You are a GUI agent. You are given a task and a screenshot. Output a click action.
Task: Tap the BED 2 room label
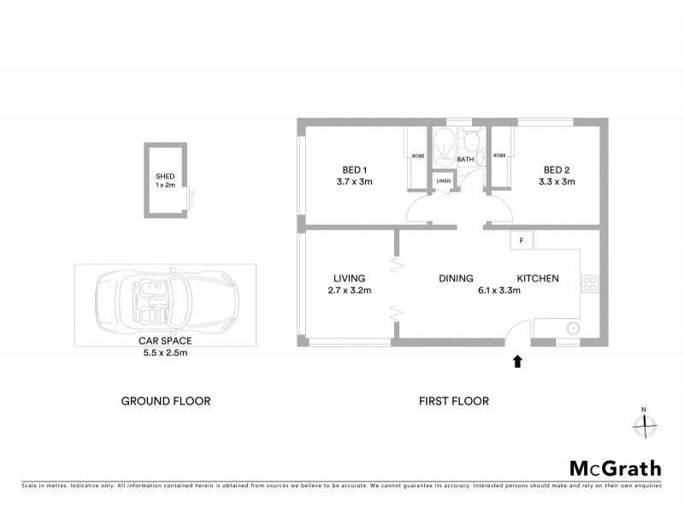(557, 169)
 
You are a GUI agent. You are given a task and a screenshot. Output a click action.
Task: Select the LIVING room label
(350, 278)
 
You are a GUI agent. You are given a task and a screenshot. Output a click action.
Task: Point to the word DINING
(456, 278)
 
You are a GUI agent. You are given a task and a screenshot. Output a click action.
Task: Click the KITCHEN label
(538, 278)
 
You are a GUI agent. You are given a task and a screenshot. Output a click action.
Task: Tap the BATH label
(465, 160)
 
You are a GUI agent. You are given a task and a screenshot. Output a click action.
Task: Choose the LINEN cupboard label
(443, 181)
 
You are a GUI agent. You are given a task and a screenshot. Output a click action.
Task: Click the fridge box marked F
(520, 240)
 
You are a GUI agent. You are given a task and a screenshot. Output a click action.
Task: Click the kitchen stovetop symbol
(589, 282)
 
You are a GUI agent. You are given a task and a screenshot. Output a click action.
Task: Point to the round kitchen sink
(571, 327)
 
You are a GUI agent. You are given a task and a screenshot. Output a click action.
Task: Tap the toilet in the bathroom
(470, 141)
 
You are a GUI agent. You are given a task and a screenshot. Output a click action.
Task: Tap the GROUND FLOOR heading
(165, 400)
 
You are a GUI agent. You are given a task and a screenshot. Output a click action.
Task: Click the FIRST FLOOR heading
(453, 400)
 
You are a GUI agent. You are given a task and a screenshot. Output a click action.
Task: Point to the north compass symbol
(644, 422)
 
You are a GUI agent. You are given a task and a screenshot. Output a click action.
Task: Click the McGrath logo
(615, 468)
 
